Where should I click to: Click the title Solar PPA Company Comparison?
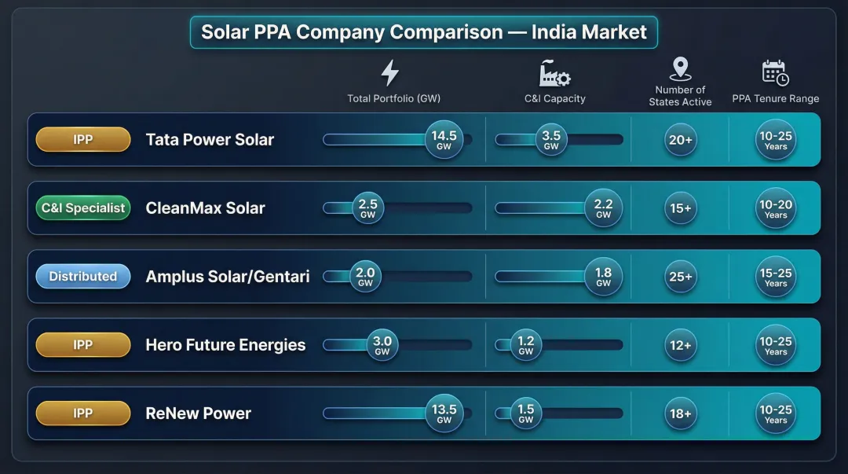[x=424, y=32]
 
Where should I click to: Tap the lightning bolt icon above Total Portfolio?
[x=389, y=72]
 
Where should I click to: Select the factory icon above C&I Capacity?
[x=554, y=73]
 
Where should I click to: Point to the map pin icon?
[x=680, y=69]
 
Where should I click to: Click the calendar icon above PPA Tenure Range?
[x=775, y=72]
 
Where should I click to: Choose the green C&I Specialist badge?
[x=83, y=208]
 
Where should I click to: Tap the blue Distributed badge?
[x=83, y=277]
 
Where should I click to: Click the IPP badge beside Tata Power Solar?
[x=83, y=140]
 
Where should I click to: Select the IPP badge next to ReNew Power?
[x=83, y=413]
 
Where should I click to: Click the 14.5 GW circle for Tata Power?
[x=444, y=140]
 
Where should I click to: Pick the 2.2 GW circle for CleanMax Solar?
[x=603, y=208]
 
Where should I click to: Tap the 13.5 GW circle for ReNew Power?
[x=444, y=413]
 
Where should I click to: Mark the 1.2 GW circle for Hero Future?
[x=526, y=345]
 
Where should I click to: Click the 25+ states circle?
[x=680, y=277]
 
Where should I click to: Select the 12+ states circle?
[x=680, y=345]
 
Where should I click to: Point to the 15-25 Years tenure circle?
[x=776, y=277]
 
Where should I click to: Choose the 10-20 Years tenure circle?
[x=776, y=208]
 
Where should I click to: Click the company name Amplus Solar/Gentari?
[x=228, y=277]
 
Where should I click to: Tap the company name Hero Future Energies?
[x=225, y=345]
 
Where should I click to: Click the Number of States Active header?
[x=680, y=96]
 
